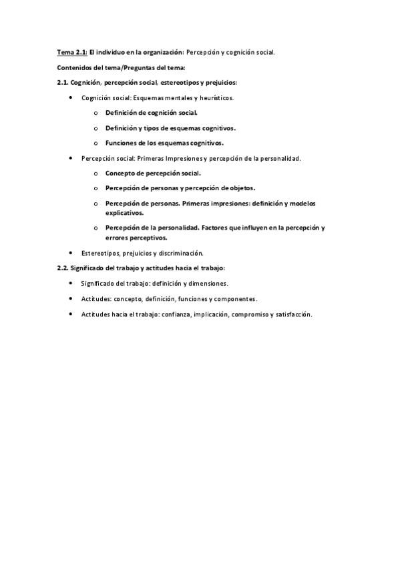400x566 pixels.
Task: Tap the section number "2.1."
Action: point(62,83)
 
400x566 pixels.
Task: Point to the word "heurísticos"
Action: point(216,98)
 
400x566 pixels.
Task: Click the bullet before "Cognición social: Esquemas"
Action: point(71,98)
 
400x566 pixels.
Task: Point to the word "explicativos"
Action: point(124,212)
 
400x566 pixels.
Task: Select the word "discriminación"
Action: point(180,254)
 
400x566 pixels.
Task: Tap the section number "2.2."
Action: point(62,268)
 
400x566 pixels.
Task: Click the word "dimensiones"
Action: point(208,284)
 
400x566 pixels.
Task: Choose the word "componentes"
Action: point(234,299)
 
